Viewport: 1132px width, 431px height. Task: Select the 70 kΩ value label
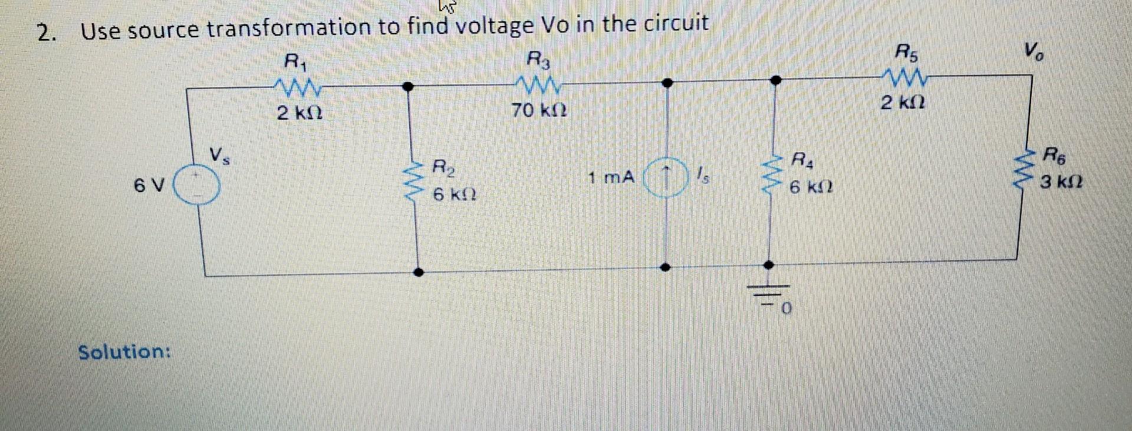click(539, 110)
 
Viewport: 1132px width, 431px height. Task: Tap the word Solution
click(124, 352)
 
